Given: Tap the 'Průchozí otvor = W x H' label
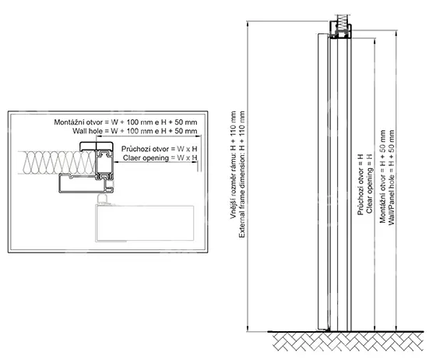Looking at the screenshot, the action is [x=160, y=149].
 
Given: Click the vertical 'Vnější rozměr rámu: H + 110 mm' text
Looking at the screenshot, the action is [x=234, y=164].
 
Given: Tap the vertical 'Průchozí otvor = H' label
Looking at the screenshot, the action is [x=360, y=185].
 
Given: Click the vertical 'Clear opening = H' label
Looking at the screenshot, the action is [x=369, y=183].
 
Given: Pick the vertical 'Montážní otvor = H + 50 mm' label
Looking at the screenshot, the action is [x=383, y=176].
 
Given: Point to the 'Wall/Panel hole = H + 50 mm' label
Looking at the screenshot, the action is [x=392, y=177].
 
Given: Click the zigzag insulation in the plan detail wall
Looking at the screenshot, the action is [x=57, y=163].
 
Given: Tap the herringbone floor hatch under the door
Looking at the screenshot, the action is [x=347, y=342].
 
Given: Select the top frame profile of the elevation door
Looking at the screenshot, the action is [x=341, y=31].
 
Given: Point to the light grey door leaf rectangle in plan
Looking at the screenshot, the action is [x=145, y=223].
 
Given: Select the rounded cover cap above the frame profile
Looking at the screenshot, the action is [x=97, y=146].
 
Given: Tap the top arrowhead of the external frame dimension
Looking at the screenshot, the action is [x=248, y=24].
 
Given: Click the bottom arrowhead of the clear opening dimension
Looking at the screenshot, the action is [x=375, y=328].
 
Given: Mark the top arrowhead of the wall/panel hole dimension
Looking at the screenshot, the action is [x=396, y=34].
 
